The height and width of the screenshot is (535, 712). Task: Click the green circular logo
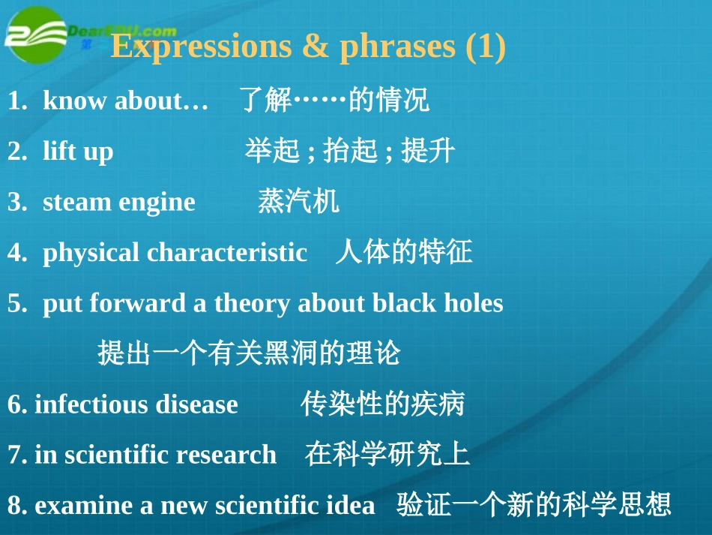point(35,35)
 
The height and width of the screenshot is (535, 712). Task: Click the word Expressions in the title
point(201,47)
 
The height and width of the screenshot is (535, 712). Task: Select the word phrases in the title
point(397,47)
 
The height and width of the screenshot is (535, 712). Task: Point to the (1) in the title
point(486,47)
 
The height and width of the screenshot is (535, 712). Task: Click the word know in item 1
point(75,100)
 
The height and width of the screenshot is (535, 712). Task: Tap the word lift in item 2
point(59,151)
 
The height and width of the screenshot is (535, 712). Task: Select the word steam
point(76,203)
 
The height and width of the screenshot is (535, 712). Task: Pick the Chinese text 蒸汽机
point(298,201)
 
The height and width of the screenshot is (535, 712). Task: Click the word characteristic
point(227,252)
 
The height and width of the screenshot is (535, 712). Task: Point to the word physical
point(91,253)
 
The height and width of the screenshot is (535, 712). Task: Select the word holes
point(474,302)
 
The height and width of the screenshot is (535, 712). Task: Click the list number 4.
point(17,253)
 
